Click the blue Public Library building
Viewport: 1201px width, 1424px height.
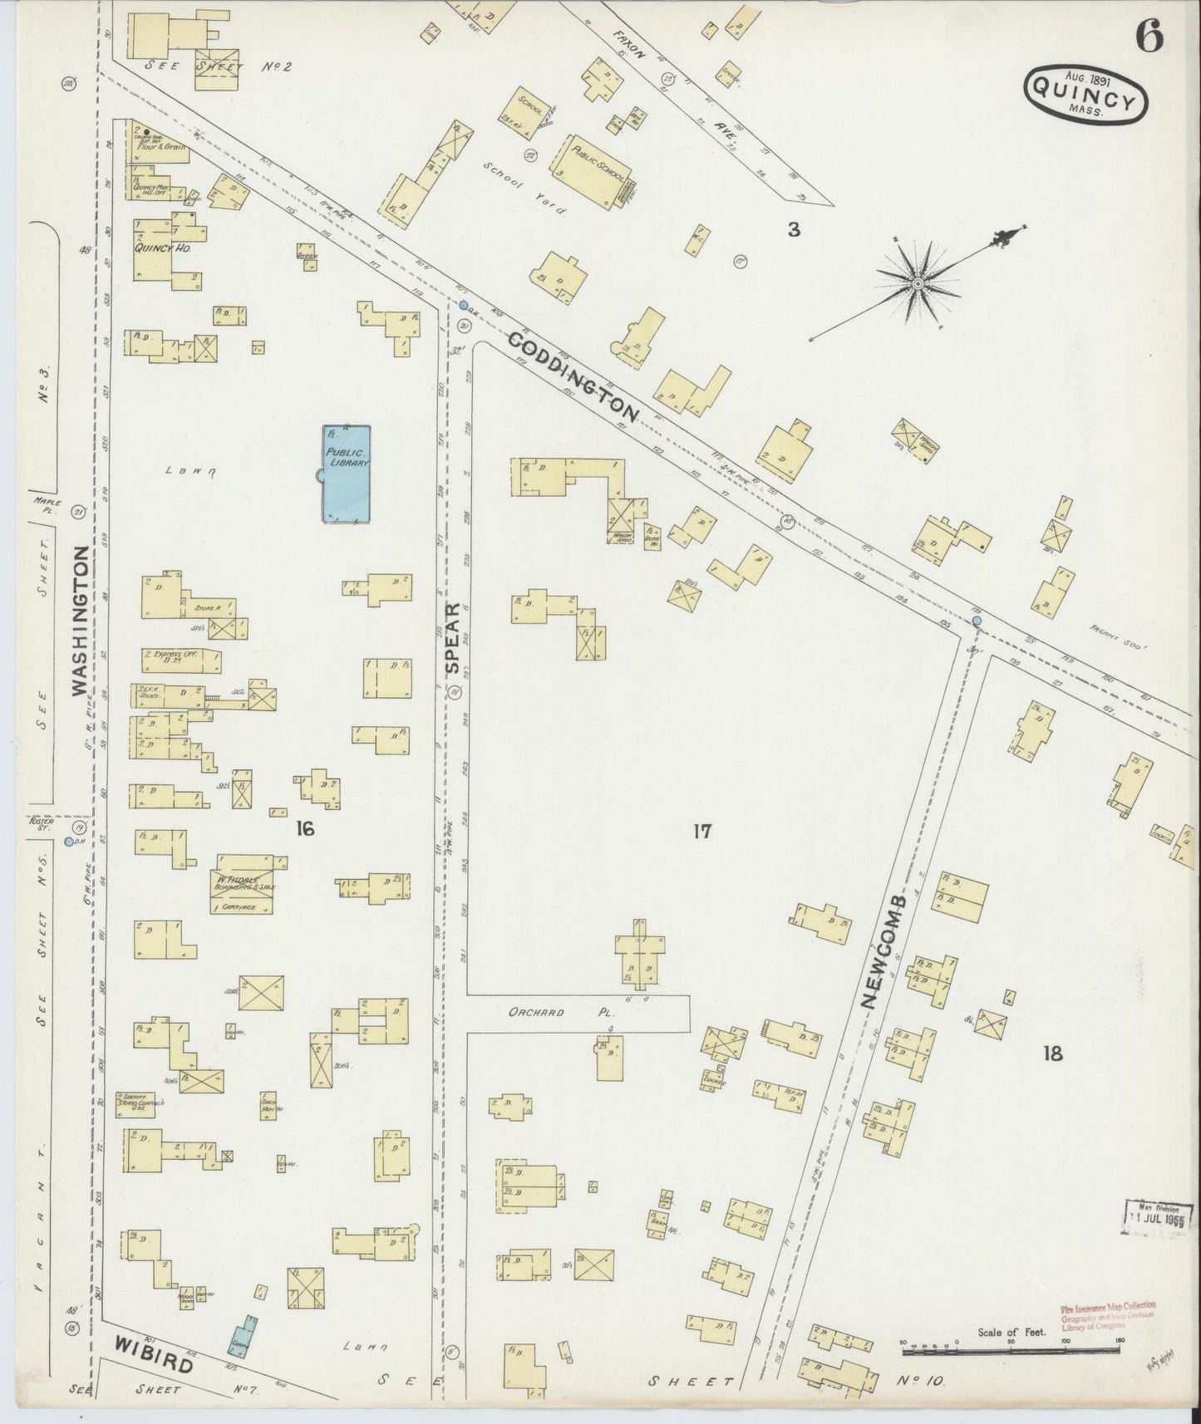pos(347,474)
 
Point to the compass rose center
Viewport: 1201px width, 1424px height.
pos(917,284)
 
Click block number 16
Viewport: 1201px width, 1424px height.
pos(304,828)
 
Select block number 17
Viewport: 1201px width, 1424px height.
pos(702,830)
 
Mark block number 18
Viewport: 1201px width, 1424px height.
pos(1051,1054)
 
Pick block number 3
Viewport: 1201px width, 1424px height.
pos(794,230)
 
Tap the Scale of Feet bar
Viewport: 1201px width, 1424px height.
pos(1011,1343)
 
